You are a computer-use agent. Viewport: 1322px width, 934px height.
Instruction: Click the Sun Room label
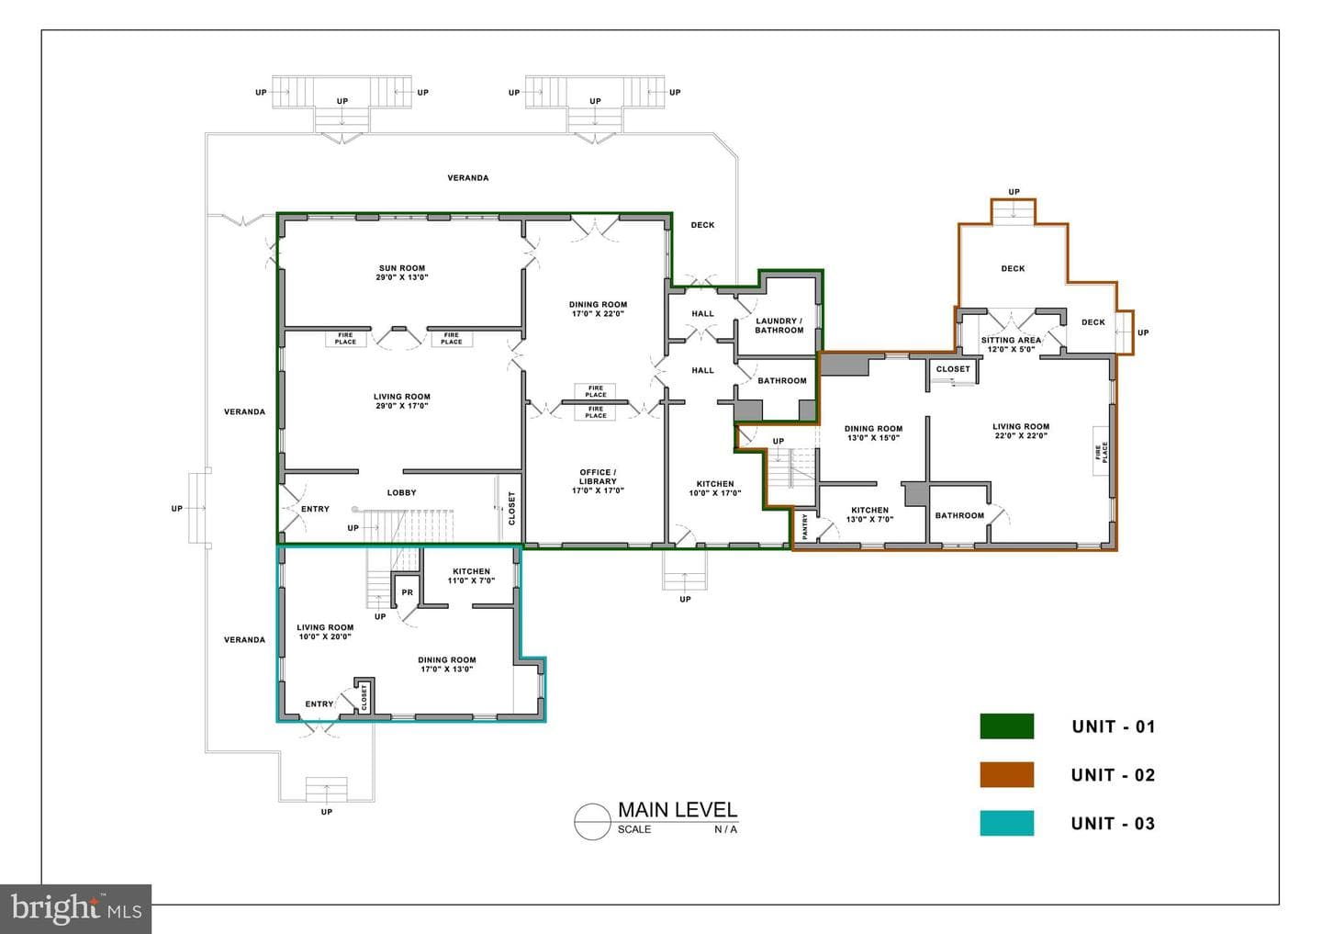click(x=402, y=272)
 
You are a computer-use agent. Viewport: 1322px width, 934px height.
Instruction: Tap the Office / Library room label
click(x=598, y=481)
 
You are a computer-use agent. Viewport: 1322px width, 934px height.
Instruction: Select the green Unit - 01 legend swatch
click(x=1007, y=726)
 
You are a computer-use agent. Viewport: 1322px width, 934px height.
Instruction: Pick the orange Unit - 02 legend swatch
click(x=1007, y=774)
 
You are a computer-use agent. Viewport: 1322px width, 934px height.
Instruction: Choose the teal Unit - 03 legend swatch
click(x=1007, y=823)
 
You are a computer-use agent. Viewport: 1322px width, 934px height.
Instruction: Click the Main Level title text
click(x=678, y=809)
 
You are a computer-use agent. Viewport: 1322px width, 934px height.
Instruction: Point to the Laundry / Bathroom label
click(x=779, y=325)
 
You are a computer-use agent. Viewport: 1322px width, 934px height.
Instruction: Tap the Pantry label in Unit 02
click(x=804, y=526)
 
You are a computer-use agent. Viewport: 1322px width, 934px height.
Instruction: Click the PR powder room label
click(x=408, y=592)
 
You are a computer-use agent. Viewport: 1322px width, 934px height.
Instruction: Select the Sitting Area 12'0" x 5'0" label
click(x=1011, y=344)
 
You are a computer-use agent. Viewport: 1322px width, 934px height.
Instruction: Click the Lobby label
click(x=402, y=492)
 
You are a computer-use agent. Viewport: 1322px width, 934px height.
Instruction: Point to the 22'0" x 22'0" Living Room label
click(x=1021, y=431)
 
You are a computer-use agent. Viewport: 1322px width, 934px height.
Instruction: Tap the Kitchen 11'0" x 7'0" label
click(x=472, y=576)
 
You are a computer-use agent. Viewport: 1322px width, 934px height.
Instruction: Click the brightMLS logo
click(x=75, y=908)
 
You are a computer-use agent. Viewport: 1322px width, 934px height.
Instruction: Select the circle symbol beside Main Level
click(x=592, y=821)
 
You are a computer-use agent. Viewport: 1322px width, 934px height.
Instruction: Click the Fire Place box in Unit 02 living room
click(x=1101, y=452)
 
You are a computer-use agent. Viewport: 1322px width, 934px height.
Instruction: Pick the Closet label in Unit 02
click(x=953, y=369)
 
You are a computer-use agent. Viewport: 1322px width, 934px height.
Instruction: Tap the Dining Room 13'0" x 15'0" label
click(x=873, y=433)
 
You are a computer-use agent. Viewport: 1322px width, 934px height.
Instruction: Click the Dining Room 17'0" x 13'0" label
click(x=447, y=664)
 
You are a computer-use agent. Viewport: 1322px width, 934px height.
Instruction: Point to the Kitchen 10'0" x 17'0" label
click(x=715, y=489)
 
